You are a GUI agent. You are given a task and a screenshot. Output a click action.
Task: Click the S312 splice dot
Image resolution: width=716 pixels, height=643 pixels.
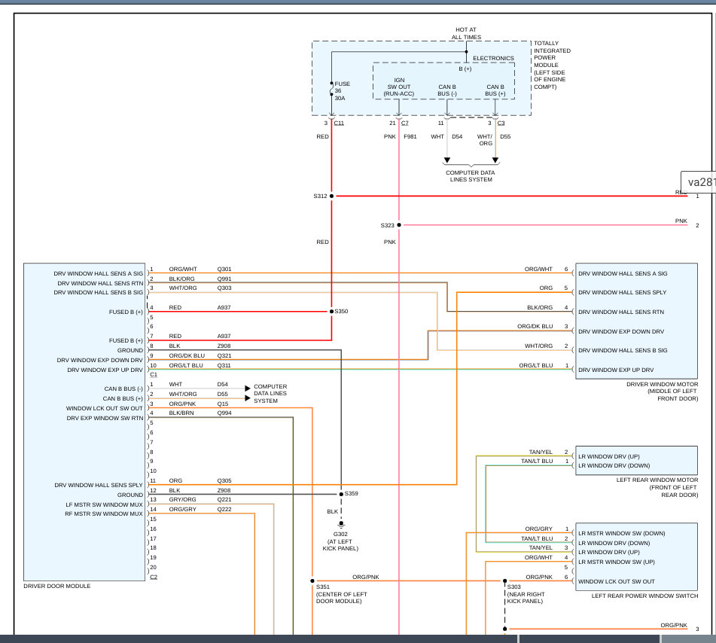coord(331,196)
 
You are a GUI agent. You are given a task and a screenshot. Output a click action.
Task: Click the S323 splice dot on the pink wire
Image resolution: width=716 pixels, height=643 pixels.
coord(398,225)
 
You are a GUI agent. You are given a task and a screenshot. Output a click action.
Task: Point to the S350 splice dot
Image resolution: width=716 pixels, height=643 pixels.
coord(331,312)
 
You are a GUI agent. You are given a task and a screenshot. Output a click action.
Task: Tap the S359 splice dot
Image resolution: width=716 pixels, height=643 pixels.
coord(341,494)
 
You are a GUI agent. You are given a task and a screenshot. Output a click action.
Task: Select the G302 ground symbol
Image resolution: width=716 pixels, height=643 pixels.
coord(341,524)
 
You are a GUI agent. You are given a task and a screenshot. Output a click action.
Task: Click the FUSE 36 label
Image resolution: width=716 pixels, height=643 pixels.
coord(343,87)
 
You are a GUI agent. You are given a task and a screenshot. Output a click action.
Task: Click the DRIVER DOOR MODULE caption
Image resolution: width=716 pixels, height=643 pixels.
coord(57,586)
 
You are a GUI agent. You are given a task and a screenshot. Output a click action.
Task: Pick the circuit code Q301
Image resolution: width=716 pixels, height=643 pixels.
coord(224,269)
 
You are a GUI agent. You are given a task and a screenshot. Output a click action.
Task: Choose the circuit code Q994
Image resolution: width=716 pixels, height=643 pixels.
coord(224,413)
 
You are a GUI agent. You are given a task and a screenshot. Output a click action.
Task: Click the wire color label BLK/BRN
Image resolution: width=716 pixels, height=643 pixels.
coord(181,413)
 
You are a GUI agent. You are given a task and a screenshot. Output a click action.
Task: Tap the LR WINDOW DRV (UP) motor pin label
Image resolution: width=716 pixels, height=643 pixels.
coord(608,457)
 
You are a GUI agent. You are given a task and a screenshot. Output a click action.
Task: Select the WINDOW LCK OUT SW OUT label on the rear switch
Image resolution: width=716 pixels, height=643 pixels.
coord(617,582)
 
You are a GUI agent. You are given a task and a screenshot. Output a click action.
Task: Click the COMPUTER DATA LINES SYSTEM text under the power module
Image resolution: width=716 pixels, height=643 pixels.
coord(471,176)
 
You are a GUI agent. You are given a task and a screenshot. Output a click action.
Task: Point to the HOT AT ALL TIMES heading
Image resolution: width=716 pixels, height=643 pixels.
coord(466,33)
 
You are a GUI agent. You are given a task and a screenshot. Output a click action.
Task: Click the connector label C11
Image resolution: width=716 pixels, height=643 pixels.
coord(339,123)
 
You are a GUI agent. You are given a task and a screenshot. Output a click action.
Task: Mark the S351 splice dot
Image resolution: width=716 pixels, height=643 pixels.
coord(312,581)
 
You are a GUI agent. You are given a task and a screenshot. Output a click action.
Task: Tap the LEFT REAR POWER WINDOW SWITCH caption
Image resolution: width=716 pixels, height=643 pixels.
coord(644,596)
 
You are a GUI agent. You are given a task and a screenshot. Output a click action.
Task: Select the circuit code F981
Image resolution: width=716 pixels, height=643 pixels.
coord(410,136)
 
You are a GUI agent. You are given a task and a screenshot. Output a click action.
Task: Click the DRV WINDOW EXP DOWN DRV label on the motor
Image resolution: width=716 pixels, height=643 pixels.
coord(621,331)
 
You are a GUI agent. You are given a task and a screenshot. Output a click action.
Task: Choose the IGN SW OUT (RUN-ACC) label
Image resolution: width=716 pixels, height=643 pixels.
coord(399,87)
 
